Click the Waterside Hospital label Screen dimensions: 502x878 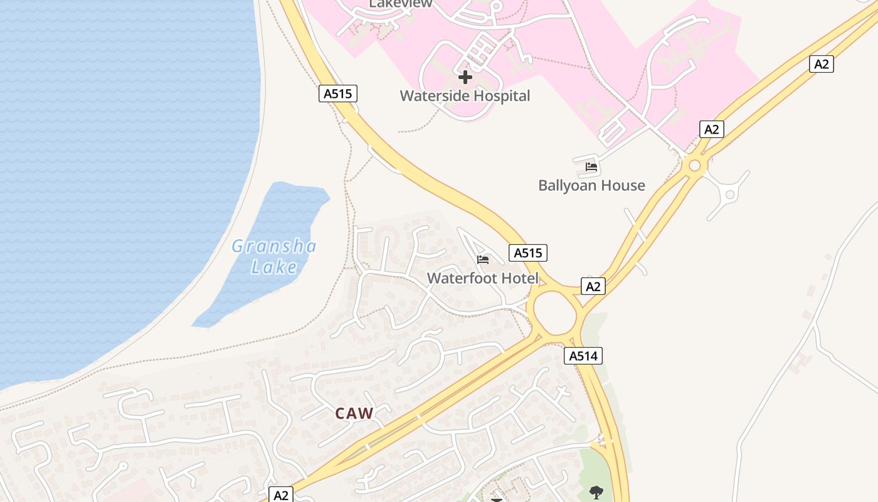tap(465, 96)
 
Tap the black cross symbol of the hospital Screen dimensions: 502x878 tap(465, 77)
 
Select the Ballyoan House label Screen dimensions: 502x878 tap(591, 185)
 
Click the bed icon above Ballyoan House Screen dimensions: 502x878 tap(591, 167)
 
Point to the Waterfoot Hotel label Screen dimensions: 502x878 tap(482, 278)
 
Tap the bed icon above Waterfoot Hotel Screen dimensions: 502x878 tap(482, 259)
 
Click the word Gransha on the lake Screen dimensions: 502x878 tap(274, 246)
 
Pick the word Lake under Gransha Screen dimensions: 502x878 tap(274, 267)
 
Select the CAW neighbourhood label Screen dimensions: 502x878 tap(354, 414)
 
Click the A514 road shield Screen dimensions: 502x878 tap(583, 356)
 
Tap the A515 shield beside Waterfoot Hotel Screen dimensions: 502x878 tap(527, 252)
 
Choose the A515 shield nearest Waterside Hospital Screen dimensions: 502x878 tap(338, 93)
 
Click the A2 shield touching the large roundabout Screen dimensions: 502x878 tap(593, 286)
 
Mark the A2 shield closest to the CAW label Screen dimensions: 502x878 tap(281, 494)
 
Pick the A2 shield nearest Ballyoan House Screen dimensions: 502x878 tap(711, 129)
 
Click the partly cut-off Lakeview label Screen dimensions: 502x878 tap(400, 4)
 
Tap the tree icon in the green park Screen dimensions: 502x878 tap(596, 492)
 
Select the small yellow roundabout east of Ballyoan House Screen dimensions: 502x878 tap(694, 166)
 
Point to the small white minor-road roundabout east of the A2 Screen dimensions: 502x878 tap(729, 195)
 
